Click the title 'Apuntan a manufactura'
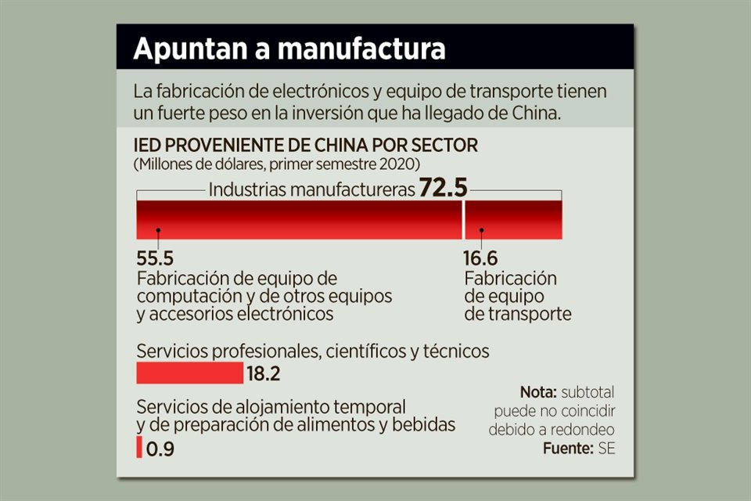tap(289, 49)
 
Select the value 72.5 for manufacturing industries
tap(443, 189)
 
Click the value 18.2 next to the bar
tap(264, 374)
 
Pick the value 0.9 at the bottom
tap(160, 449)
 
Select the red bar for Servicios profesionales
tap(189, 373)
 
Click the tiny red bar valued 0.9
tap(139, 448)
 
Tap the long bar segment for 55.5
tap(299, 219)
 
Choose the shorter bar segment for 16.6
tap(513, 219)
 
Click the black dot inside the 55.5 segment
tap(158, 231)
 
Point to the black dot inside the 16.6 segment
tap(482, 231)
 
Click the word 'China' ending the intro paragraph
tap(538, 112)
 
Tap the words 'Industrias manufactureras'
tap(311, 189)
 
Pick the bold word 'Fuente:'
tap(570, 449)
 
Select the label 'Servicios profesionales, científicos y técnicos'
tap(313, 351)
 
